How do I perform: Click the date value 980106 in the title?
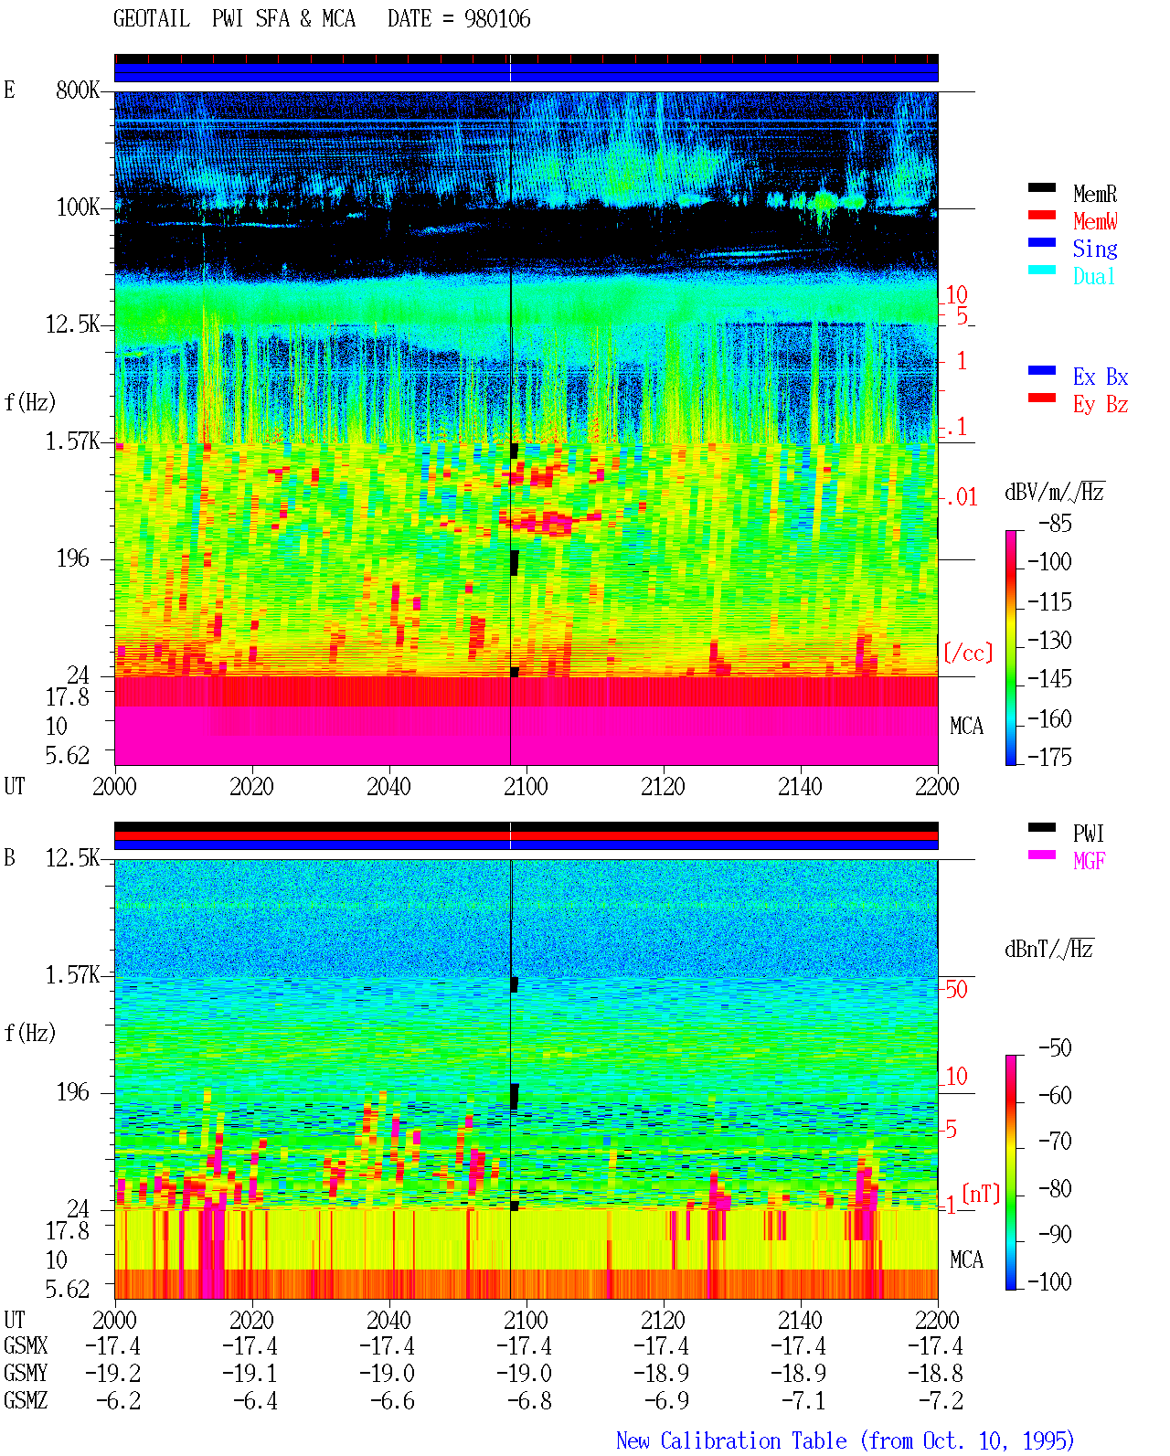click(x=497, y=19)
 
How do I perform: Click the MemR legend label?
click(x=1094, y=194)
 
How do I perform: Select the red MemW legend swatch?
click(x=1041, y=215)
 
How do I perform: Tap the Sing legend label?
click(x=1094, y=249)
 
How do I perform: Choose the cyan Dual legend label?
click(x=1093, y=276)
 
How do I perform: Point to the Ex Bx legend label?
click(x=1101, y=377)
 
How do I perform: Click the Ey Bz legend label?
click(x=1101, y=405)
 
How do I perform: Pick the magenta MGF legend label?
click(x=1089, y=861)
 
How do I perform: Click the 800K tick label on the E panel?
click(x=78, y=90)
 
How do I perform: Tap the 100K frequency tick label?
click(x=78, y=207)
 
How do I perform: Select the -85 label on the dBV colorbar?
click(x=1055, y=523)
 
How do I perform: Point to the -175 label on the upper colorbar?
click(x=1049, y=757)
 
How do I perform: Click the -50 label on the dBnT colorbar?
click(x=1055, y=1048)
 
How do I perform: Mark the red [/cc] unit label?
click(x=968, y=653)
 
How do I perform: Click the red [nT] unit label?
click(x=981, y=1194)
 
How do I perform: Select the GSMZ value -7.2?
click(x=941, y=1400)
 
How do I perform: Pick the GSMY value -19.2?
click(x=113, y=1374)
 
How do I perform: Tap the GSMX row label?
click(x=26, y=1345)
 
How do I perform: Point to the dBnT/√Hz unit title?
click(x=1048, y=949)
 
